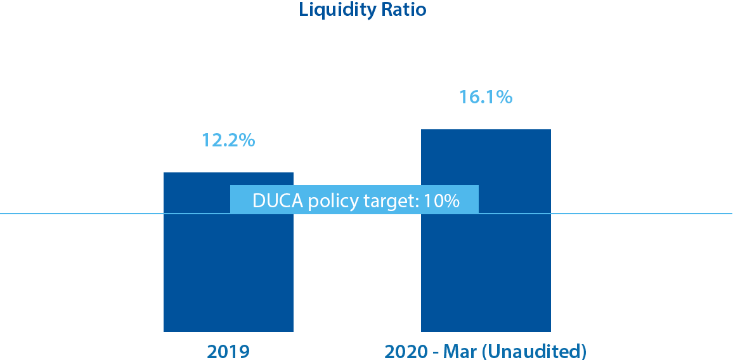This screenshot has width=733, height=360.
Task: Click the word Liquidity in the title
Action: click(336, 11)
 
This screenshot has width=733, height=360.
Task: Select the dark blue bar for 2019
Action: click(228, 273)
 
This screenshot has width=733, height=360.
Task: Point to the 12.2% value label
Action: click(228, 140)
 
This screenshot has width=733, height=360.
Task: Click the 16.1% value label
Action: click(485, 97)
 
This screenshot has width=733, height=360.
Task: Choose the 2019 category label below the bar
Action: click(228, 351)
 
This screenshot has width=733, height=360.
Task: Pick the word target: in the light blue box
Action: click(391, 201)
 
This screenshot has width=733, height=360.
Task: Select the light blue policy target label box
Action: click(354, 199)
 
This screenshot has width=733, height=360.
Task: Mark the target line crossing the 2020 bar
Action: click(515, 214)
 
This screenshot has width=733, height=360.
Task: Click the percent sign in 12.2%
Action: click(247, 140)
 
